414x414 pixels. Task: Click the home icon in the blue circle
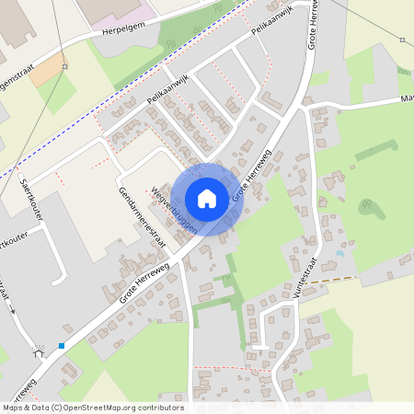point(207,199)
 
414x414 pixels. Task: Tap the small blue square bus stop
point(62,346)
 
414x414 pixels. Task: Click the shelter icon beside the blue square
point(39,351)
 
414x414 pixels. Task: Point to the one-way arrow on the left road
point(13,307)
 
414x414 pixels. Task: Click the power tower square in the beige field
point(402,40)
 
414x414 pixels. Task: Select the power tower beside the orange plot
point(64,67)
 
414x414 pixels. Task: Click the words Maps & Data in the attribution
point(25,407)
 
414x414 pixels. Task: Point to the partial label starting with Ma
point(407,98)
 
